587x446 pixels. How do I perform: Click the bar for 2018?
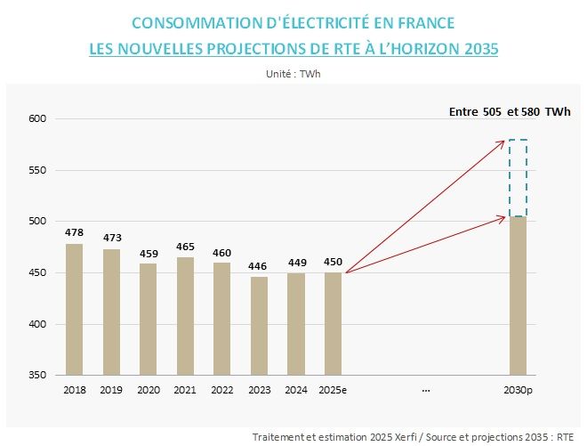[x=74, y=309]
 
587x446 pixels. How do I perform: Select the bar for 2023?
[x=259, y=325]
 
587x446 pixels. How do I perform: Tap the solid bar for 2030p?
[x=518, y=296]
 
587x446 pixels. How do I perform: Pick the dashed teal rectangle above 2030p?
[x=518, y=178]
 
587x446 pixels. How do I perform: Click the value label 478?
[x=74, y=233]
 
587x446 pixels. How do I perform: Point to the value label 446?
[x=259, y=266]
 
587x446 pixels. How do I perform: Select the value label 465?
[x=185, y=247]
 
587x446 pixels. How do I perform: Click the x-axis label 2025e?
[x=333, y=389]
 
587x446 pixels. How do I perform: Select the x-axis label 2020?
[x=148, y=389]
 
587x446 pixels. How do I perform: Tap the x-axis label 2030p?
[x=518, y=389]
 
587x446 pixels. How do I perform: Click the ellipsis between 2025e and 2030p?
[x=426, y=389]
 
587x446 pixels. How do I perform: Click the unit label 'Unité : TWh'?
[x=293, y=73]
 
